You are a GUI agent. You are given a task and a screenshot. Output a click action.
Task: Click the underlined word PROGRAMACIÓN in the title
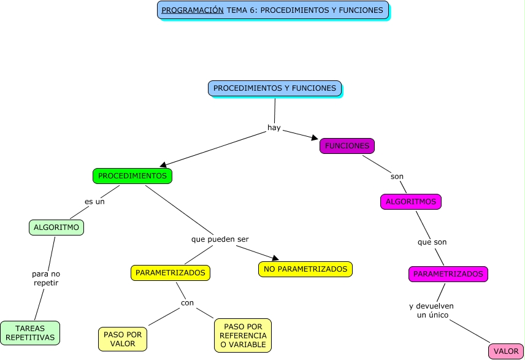tap(192, 10)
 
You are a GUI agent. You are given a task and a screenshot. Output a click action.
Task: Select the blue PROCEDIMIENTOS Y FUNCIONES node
tap(274, 88)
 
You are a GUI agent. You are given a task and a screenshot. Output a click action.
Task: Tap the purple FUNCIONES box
tap(347, 146)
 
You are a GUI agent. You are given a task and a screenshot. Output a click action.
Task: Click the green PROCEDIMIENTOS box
tap(132, 176)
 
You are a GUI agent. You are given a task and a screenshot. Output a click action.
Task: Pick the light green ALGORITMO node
tap(56, 228)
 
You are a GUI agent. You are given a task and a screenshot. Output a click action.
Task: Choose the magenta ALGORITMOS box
tap(410, 202)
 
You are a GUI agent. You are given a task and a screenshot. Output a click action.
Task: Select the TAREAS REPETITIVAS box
tap(30, 333)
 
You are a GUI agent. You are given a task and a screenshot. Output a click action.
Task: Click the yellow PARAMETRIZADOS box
tap(170, 273)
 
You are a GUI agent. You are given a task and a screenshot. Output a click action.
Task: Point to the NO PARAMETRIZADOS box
tap(305, 269)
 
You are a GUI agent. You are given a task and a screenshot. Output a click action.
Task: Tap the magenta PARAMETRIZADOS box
tap(448, 274)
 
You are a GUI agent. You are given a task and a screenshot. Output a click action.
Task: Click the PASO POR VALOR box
tap(122, 339)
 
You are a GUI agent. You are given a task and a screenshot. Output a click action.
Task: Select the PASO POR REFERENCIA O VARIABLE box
tap(242, 335)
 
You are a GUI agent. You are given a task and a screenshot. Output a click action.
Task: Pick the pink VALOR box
tap(505, 351)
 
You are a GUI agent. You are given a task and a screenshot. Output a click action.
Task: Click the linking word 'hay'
tap(274, 128)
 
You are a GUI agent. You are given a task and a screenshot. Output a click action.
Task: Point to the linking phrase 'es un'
tap(94, 202)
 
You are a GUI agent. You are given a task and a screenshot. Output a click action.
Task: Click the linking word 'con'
tap(187, 303)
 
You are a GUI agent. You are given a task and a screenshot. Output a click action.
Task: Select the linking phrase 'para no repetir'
tap(46, 278)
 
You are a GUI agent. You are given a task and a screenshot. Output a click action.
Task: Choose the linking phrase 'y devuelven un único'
tap(431, 310)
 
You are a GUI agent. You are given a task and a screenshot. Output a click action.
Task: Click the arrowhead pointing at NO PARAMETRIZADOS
tap(275, 258)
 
